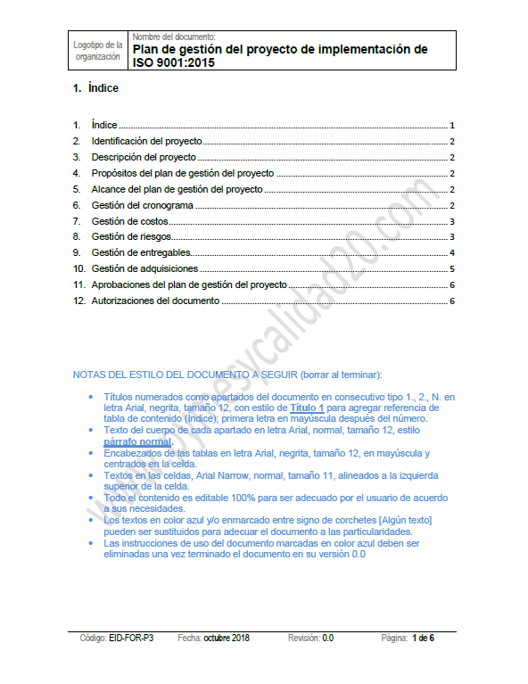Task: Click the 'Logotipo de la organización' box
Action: click(98, 50)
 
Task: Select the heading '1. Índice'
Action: click(95, 88)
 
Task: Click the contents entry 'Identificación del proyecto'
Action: click(146, 142)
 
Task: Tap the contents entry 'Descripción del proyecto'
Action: click(143, 158)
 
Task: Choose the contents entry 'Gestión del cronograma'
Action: click(142, 205)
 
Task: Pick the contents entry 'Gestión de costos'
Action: click(129, 221)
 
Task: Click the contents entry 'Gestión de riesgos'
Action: click(131, 237)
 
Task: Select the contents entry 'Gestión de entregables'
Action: click(141, 253)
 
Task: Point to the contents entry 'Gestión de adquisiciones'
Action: click(144, 268)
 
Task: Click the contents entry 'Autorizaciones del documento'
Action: click(155, 301)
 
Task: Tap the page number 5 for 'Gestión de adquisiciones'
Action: click(453, 268)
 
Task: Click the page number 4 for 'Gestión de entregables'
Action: click(453, 253)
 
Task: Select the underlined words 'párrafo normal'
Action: click(136, 441)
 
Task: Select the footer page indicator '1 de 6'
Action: click(423, 639)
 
